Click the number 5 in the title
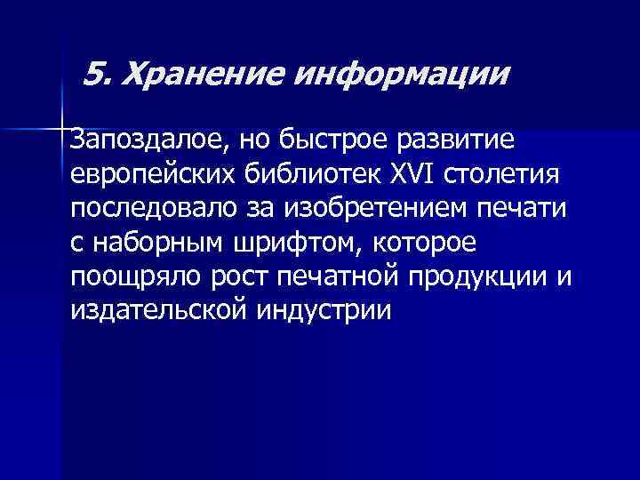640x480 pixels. coord(99,73)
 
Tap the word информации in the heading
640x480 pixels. coord(396,75)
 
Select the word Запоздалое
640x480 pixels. coord(143,140)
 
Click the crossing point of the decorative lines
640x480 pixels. coord(62,130)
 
